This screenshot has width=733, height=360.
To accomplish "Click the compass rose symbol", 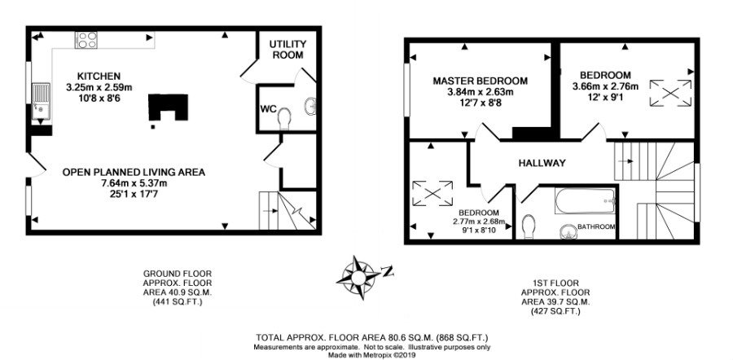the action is coord(358,277).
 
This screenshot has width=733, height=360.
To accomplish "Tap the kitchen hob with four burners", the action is coord(86,40).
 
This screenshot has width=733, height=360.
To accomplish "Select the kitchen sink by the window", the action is coord(41,103).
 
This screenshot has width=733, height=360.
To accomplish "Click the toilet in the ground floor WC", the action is coord(284,118).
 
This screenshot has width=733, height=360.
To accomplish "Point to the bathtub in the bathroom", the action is coord(586,200).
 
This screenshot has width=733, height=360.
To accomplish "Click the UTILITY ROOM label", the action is coord(288,50).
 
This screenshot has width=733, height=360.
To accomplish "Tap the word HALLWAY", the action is coord(542,163).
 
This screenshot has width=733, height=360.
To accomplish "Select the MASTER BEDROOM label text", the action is coord(480,81).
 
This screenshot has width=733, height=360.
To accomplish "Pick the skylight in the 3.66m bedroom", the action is coord(670,93).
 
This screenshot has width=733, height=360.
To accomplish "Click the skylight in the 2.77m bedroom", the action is coord(432,193).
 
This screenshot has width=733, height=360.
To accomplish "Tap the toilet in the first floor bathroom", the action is coord(529,226).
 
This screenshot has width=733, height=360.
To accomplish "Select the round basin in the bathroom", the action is coord(568,230).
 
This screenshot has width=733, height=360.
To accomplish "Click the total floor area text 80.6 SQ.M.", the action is coord(372,337).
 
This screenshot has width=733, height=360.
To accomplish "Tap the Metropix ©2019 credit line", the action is coord(372,355).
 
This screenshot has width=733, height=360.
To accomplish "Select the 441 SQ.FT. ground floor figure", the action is coord(178,302).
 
